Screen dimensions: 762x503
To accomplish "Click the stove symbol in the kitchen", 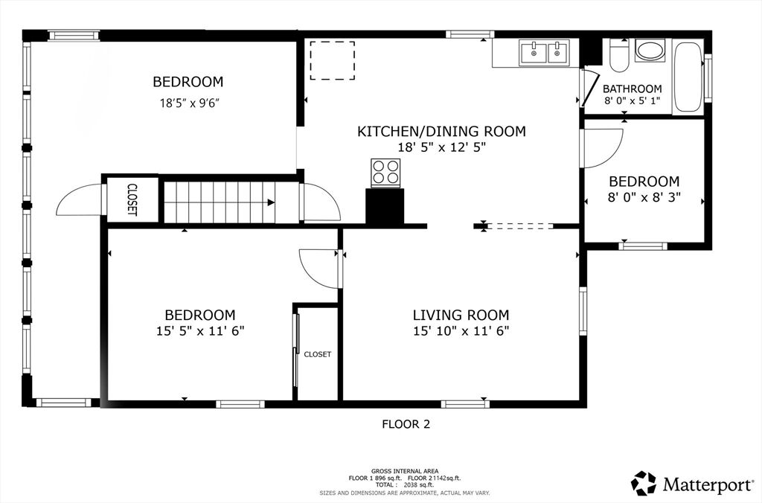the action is (x=385, y=173).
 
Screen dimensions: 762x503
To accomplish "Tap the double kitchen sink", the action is (x=544, y=53).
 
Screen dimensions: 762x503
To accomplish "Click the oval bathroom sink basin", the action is (x=650, y=51).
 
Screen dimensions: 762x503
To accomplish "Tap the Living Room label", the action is (x=461, y=315).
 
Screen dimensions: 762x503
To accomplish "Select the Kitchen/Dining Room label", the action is (x=441, y=131).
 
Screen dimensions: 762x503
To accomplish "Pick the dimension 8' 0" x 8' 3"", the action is (x=644, y=197).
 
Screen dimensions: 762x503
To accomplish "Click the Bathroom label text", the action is (x=633, y=89).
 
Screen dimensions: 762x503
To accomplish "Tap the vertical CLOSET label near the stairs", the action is (x=132, y=199).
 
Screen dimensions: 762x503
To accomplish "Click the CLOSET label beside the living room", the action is (x=317, y=354).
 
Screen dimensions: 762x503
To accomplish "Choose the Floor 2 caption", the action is (x=406, y=424).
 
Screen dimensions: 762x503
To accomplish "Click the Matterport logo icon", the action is (x=644, y=483).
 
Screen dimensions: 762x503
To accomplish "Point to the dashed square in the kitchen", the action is (x=333, y=60).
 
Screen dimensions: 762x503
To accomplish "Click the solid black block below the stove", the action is (x=385, y=207).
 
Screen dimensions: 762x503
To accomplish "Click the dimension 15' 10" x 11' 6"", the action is (x=461, y=331).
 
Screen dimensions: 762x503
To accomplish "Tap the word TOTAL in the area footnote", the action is (x=384, y=484).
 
